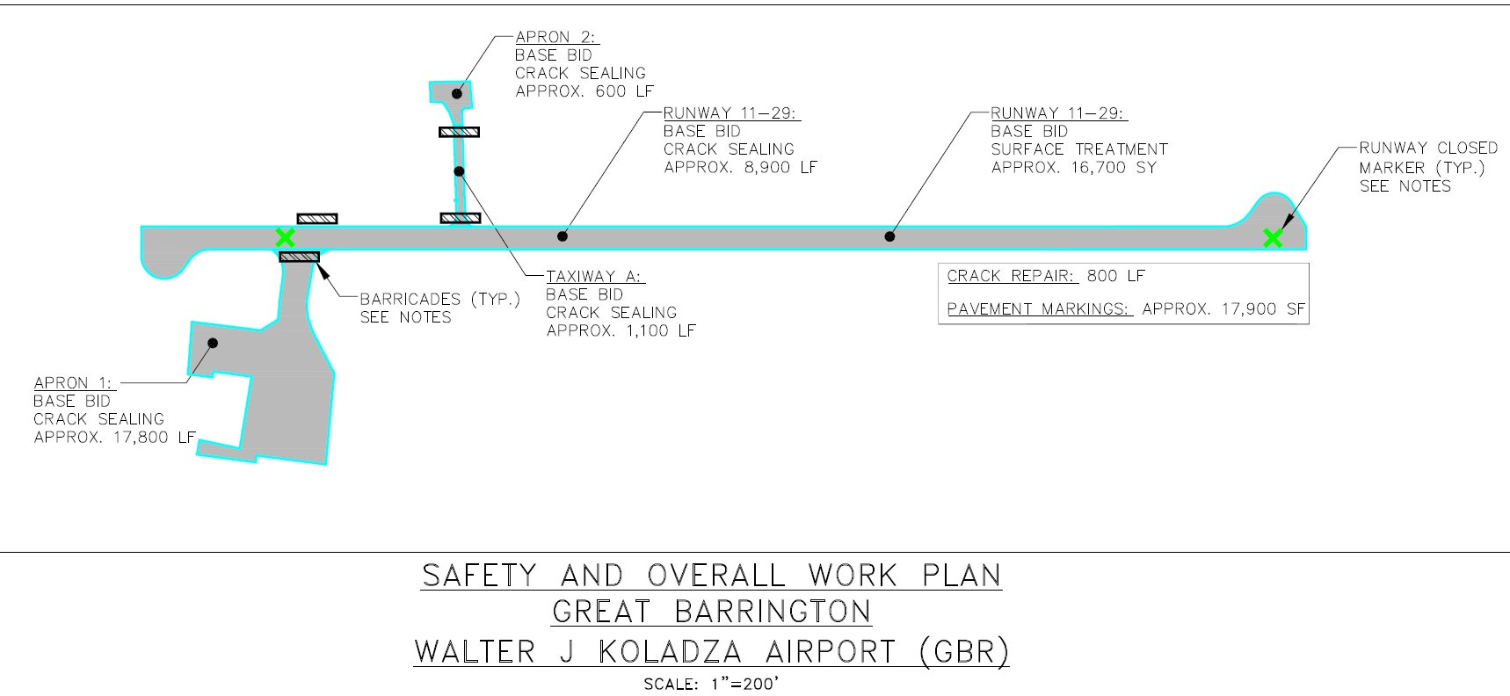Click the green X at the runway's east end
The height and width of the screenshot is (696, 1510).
[1272, 237]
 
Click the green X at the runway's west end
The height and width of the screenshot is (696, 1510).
[285, 237]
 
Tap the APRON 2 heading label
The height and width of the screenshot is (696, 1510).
[555, 37]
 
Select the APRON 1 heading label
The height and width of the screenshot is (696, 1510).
[73, 382]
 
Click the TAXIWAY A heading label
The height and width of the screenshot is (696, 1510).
[595, 276]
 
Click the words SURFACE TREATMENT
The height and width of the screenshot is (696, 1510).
[1079, 149]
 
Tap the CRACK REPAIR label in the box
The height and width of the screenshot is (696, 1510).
[1011, 276]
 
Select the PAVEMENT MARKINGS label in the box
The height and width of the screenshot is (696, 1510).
[1038, 308]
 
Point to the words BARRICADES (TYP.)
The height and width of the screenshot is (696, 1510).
[439, 300]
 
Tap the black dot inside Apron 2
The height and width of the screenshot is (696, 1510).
[457, 93]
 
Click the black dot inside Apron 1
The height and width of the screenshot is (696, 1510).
[213, 343]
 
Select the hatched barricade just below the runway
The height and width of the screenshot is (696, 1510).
[299, 257]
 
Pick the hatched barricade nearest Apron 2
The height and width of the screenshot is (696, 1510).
[459, 132]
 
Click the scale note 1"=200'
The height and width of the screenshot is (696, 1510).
[745, 684]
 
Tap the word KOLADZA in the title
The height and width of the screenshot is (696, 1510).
[670, 652]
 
